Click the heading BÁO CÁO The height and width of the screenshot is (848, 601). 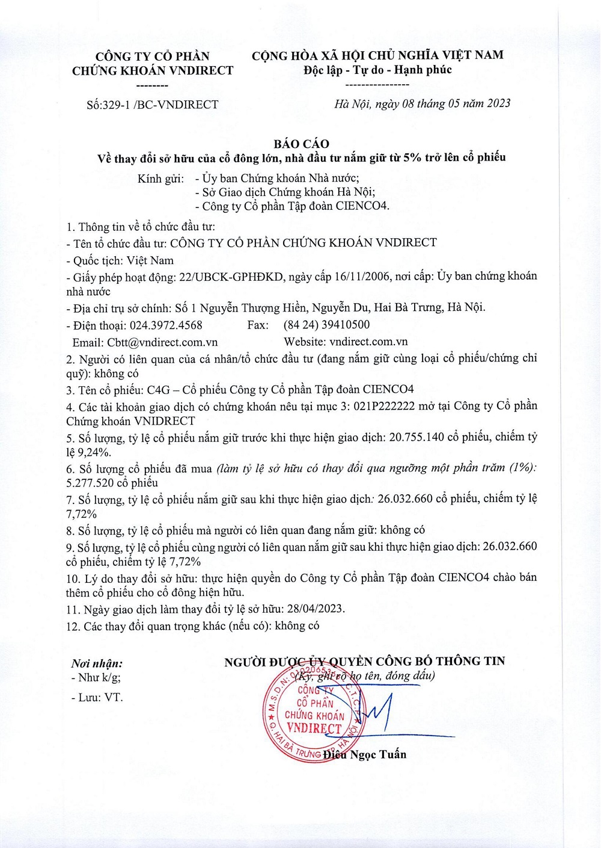pyautogui.click(x=301, y=144)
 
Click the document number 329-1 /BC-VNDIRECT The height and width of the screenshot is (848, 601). pyautogui.click(x=160, y=105)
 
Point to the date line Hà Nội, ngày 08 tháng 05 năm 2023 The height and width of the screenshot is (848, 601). pyautogui.click(x=422, y=103)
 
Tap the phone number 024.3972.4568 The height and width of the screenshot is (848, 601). pyautogui.click(x=166, y=325)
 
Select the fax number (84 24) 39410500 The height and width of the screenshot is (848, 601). pyautogui.click(x=326, y=325)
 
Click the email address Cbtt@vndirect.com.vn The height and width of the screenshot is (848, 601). pyautogui.click(x=162, y=342)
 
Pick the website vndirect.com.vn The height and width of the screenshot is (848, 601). pyautogui.click(x=368, y=342)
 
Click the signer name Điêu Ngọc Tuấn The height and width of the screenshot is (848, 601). pyautogui.click(x=365, y=754)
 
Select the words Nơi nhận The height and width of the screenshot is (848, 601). pyautogui.click(x=96, y=664)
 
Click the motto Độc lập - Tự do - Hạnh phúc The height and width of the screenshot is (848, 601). pyautogui.click(x=377, y=70)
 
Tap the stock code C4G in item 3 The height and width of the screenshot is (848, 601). pyautogui.click(x=159, y=390)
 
